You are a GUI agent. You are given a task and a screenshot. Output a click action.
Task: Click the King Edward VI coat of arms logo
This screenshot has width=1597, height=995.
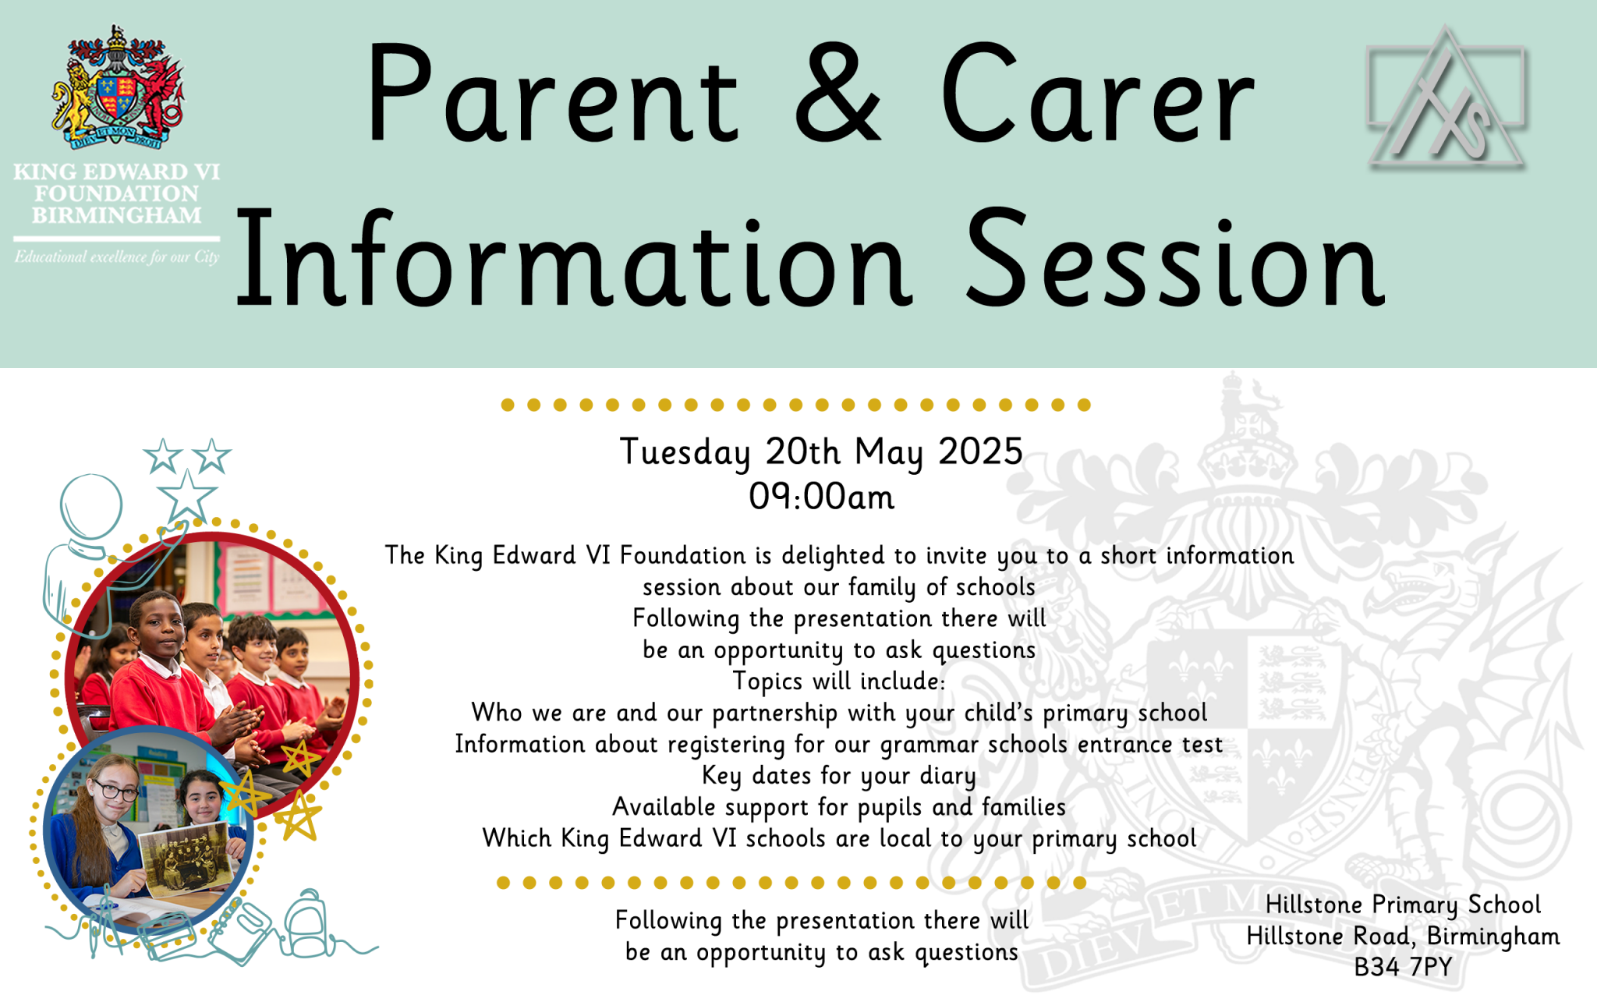click(118, 87)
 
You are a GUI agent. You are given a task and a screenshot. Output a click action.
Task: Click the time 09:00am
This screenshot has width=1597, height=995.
click(821, 497)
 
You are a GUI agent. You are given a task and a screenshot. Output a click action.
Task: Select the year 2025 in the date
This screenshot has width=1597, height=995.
click(980, 451)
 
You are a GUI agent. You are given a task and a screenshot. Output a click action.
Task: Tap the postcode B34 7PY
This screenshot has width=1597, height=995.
click(1403, 967)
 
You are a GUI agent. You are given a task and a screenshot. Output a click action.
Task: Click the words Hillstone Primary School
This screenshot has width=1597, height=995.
click(1403, 905)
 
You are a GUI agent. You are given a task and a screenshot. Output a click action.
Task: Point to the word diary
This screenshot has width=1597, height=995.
click(947, 776)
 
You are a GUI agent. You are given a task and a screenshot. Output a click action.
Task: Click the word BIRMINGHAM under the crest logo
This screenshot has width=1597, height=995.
click(117, 215)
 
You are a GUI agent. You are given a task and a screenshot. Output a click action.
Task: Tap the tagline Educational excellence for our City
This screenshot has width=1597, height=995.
click(117, 257)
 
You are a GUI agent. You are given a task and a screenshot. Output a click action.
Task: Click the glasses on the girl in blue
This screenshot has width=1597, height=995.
click(115, 791)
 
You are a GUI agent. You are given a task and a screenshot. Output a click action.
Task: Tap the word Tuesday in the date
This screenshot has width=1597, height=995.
click(685, 452)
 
